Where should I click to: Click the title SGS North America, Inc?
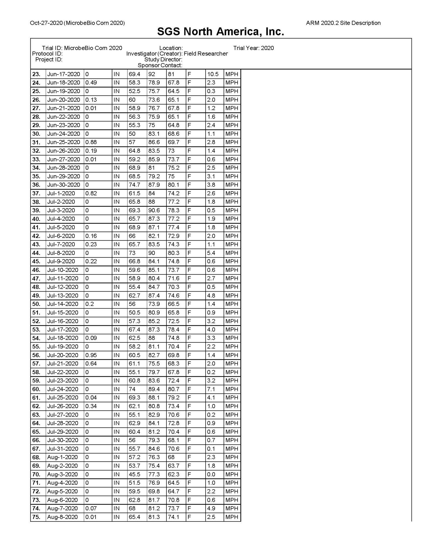tap(221, 32)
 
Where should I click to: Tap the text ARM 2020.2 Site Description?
tap(343, 23)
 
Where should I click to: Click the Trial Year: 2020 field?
tap(253, 48)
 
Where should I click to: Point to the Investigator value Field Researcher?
tap(205, 54)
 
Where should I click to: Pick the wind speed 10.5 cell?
tap(213, 74)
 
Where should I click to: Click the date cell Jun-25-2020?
tap(64, 142)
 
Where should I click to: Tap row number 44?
tap(36, 253)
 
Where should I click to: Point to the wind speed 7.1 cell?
tap(211, 389)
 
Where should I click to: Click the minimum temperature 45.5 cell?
tap(135, 474)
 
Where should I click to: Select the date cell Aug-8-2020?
tap(62, 517)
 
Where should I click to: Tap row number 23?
tap(36, 74)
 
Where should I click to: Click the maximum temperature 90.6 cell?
tap(154, 210)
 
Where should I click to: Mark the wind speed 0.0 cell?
tap(211, 474)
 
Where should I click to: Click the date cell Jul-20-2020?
tap(62, 355)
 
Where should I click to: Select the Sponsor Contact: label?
tap(160, 65)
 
